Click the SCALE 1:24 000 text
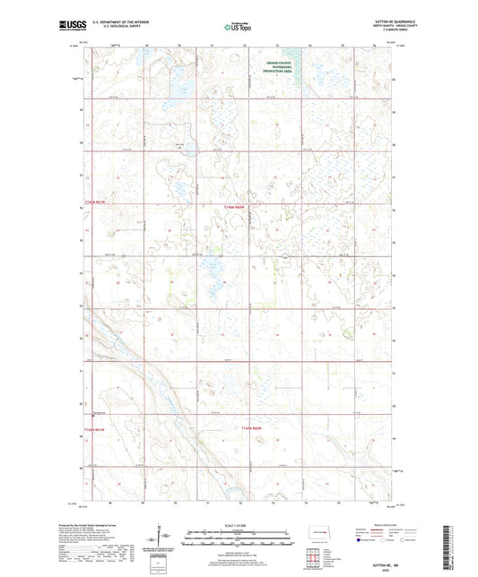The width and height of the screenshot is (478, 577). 239,525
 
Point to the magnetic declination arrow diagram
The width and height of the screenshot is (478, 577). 161,540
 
